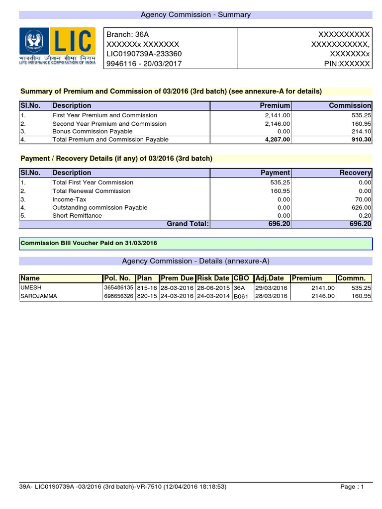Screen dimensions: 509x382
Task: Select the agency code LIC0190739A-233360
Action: [x=144, y=54]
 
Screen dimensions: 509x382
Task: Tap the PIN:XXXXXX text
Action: [x=347, y=64]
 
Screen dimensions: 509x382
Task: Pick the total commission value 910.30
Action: [x=361, y=140]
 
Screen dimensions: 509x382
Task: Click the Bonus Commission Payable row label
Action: [x=93, y=131]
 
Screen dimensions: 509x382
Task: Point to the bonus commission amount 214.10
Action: [x=362, y=131]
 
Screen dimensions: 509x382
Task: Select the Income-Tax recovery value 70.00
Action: [x=363, y=199]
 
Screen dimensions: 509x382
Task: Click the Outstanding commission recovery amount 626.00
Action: [x=362, y=207]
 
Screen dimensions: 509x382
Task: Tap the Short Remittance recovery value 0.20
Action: [x=366, y=216]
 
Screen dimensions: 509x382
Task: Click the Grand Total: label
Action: [x=188, y=224]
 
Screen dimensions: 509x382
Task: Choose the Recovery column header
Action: [x=355, y=173]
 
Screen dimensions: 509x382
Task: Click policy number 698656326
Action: [x=118, y=296]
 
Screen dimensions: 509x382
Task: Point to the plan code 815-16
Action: [x=146, y=288]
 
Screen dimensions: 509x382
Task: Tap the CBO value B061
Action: [x=241, y=297]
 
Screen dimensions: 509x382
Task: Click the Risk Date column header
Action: [x=213, y=278]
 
